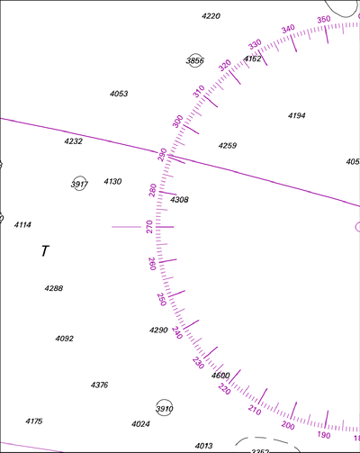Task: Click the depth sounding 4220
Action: (x=211, y=16)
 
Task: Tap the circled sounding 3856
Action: (x=195, y=60)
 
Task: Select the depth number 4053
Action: (x=119, y=94)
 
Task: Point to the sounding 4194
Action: (x=297, y=115)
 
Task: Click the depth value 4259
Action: (x=228, y=146)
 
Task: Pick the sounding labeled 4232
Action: (x=74, y=141)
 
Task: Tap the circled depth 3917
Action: (x=79, y=184)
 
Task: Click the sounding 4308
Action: (x=179, y=200)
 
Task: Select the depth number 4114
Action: (x=22, y=224)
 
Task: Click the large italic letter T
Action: (x=45, y=251)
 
